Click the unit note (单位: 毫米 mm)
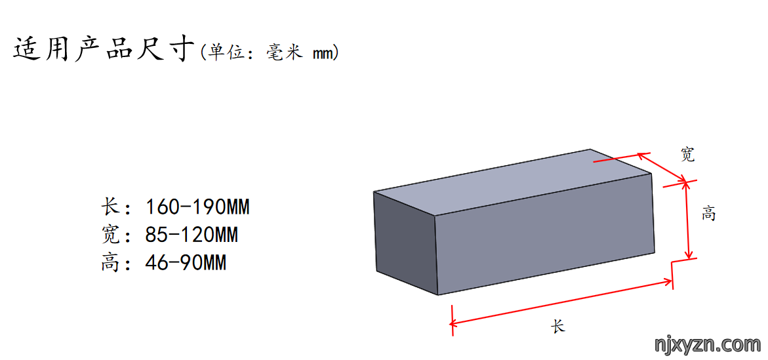(x=269, y=52)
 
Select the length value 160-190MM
(x=197, y=207)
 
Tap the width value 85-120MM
(x=192, y=235)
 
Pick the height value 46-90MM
(x=186, y=264)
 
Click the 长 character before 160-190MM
(x=110, y=207)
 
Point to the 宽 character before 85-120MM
(x=110, y=235)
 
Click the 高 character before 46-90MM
(x=110, y=264)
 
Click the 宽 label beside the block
(x=688, y=155)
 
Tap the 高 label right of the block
(x=708, y=214)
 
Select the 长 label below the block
(x=558, y=326)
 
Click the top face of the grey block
(x=512, y=181)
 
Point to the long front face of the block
(x=544, y=233)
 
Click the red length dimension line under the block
(x=561, y=302)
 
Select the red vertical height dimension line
(x=689, y=220)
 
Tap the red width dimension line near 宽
(x=662, y=167)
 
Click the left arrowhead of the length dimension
(x=454, y=323)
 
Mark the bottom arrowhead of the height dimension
(x=689, y=254)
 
